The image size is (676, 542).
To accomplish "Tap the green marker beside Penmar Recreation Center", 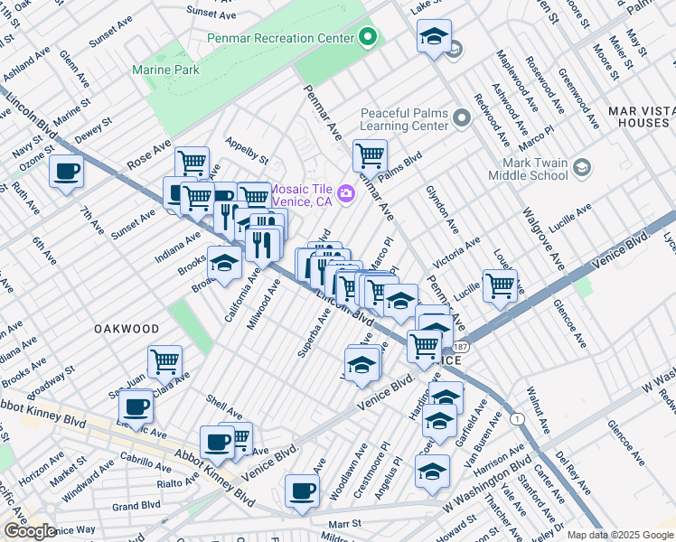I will click(368, 38).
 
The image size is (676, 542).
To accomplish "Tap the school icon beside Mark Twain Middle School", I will click(581, 167).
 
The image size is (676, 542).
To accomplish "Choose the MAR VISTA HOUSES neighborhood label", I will click(642, 117).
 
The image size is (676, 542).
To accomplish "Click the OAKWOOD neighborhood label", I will click(127, 330).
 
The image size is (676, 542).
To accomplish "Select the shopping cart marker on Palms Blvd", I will click(370, 154).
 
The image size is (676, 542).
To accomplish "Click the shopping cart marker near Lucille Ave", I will click(500, 285).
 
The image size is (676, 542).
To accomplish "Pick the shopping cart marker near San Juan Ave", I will click(164, 361).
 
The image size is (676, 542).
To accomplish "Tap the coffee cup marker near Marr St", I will click(302, 491).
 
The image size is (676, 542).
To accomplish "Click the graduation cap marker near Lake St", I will click(435, 36).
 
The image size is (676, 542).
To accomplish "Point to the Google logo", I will click(29, 532).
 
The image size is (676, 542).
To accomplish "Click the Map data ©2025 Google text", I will click(620, 535).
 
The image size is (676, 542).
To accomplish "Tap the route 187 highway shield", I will click(461, 347).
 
